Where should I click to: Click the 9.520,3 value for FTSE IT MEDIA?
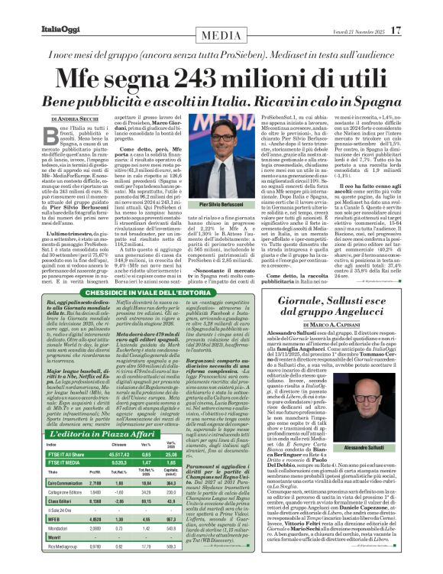click(x=119, y=462)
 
